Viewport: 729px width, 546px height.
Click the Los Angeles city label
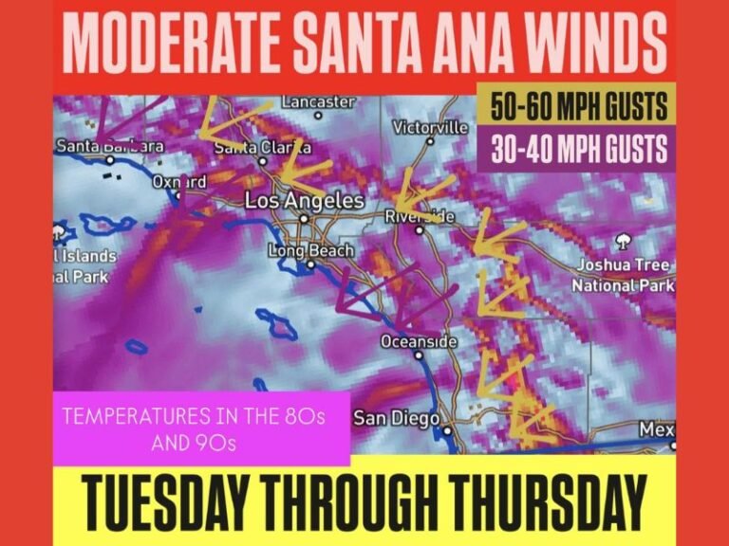coord(304,201)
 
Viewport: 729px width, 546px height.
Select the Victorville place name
coord(430,127)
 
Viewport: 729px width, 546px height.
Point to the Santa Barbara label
coord(110,147)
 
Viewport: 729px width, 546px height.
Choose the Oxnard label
coord(179,181)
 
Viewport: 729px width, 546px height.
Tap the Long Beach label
coord(310,251)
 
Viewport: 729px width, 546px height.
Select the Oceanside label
coord(419,341)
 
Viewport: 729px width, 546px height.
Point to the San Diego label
coord(396,418)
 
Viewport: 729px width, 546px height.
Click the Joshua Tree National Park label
coord(624,274)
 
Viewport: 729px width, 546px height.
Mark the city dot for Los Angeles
coord(304,218)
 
